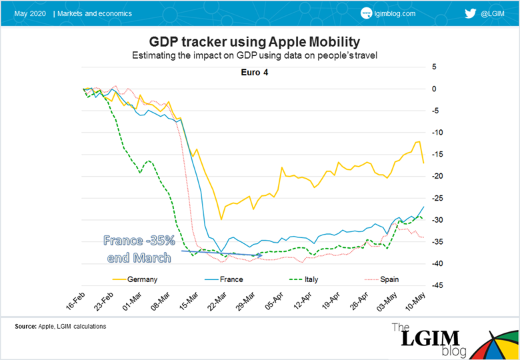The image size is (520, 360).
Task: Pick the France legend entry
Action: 231,279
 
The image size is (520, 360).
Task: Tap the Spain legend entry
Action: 390,279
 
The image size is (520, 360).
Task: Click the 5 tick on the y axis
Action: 434,67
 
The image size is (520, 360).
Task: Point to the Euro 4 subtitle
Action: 255,73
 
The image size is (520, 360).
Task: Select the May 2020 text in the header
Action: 29,13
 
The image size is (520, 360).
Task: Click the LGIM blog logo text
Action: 427,339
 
